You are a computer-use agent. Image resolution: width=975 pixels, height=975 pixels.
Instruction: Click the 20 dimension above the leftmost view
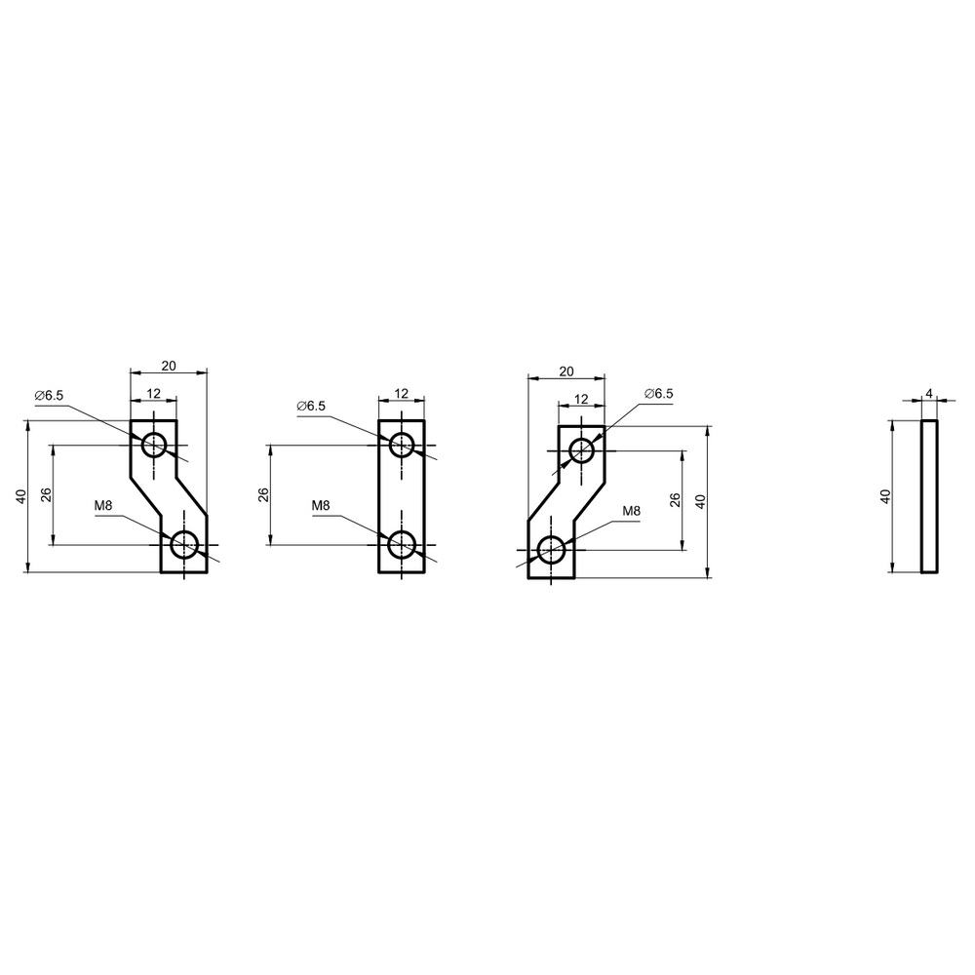coord(169,366)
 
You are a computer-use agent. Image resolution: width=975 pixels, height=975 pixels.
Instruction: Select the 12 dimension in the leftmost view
coord(154,393)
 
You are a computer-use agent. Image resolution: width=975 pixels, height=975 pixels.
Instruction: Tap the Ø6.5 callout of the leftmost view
coord(49,396)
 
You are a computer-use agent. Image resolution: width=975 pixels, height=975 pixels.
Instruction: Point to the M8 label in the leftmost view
coord(103,505)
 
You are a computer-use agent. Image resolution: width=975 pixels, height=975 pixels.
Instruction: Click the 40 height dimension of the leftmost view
coord(21,496)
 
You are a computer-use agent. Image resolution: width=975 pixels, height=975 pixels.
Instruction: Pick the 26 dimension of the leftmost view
coord(46,495)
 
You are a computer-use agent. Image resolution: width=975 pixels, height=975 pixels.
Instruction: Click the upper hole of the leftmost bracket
coord(154,445)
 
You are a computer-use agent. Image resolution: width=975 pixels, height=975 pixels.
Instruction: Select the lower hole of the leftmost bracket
coord(184,544)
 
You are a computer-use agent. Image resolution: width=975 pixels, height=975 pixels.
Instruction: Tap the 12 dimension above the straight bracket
coord(402,393)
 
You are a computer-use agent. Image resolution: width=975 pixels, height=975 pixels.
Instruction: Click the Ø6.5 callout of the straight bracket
coord(311,406)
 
